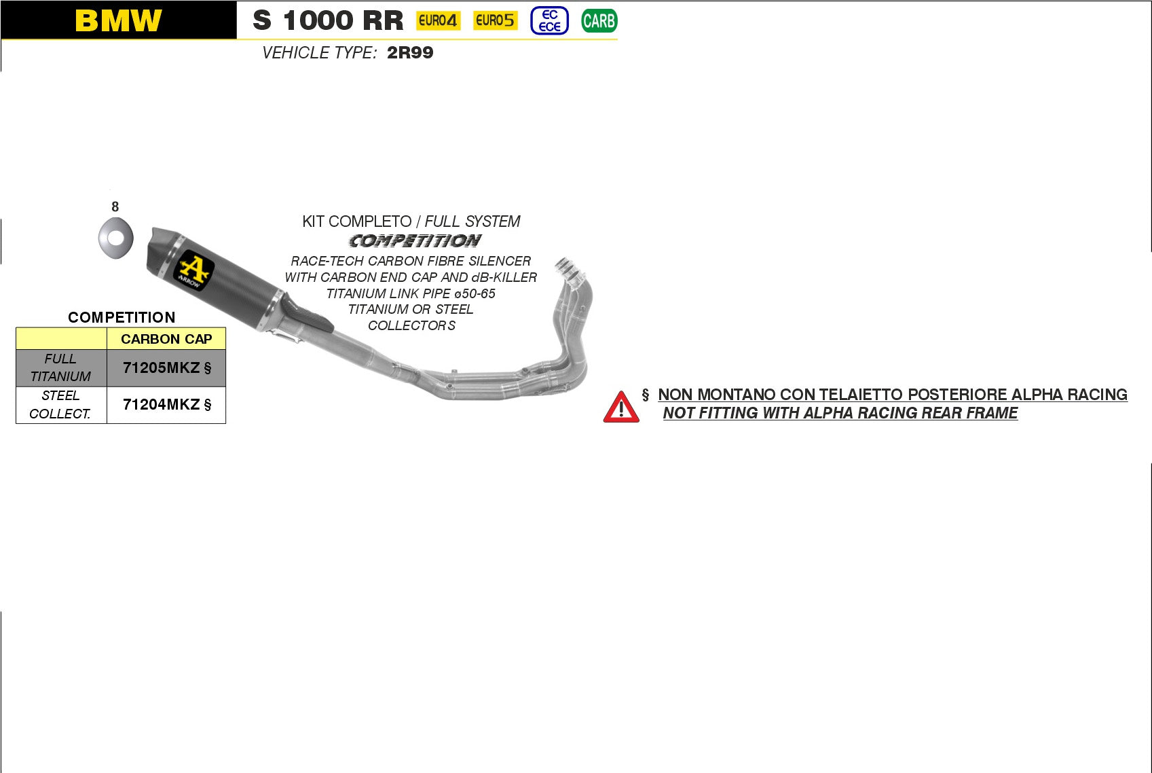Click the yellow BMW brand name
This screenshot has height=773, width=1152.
118,20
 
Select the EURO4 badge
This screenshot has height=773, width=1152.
438,20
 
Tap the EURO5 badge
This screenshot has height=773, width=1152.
495,20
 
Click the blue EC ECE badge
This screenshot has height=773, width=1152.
549,20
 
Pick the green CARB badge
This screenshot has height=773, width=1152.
599,21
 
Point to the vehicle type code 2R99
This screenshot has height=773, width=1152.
410,53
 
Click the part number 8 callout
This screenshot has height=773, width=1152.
115,206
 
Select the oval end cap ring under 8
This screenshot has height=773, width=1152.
115,238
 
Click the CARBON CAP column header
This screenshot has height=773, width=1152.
166,339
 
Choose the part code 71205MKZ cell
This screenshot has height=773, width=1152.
166,368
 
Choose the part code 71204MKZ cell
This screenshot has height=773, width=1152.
166,405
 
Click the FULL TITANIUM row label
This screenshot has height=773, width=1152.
60,367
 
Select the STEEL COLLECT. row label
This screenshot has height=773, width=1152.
60,405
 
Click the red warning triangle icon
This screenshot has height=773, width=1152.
620,408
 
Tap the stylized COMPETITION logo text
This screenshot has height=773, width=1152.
415,241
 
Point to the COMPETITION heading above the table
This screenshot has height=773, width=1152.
122,317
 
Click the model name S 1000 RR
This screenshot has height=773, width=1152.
328,20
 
